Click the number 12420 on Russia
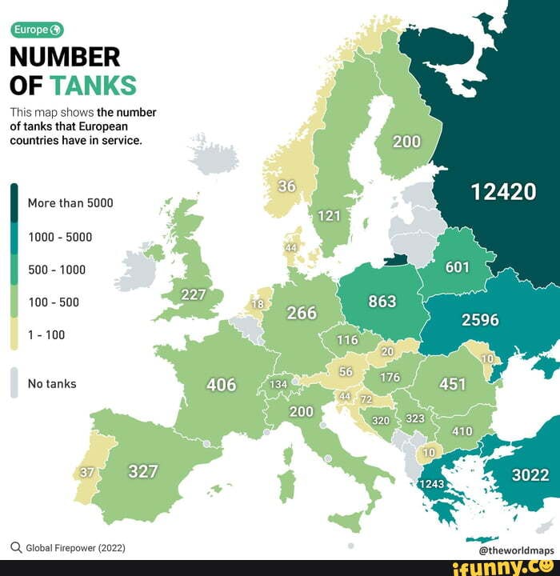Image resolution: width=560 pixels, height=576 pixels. click(x=503, y=192)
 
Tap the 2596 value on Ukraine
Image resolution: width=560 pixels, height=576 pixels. click(x=480, y=320)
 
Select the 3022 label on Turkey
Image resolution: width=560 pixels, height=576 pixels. click(x=530, y=475)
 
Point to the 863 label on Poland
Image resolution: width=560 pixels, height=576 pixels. click(x=382, y=302)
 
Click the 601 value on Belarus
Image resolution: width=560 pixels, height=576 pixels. click(x=457, y=267)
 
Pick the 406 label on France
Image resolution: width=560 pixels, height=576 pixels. click(x=222, y=385)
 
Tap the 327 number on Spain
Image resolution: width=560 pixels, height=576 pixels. click(x=143, y=471)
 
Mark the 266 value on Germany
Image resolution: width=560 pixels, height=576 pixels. click(x=302, y=313)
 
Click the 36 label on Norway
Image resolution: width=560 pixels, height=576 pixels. click(x=286, y=186)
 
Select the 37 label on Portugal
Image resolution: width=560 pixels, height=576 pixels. click(x=88, y=472)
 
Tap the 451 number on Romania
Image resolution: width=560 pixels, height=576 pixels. click(x=452, y=384)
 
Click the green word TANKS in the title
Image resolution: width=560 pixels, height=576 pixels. click(x=93, y=85)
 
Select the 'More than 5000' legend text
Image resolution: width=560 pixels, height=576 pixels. click(x=70, y=203)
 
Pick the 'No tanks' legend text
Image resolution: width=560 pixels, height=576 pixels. click(x=52, y=384)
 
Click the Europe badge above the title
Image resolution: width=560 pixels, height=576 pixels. click(x=36, y=30)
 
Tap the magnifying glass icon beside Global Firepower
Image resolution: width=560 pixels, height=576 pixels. click(x=15, y=548)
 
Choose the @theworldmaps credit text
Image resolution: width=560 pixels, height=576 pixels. click(x=516, y=550)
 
